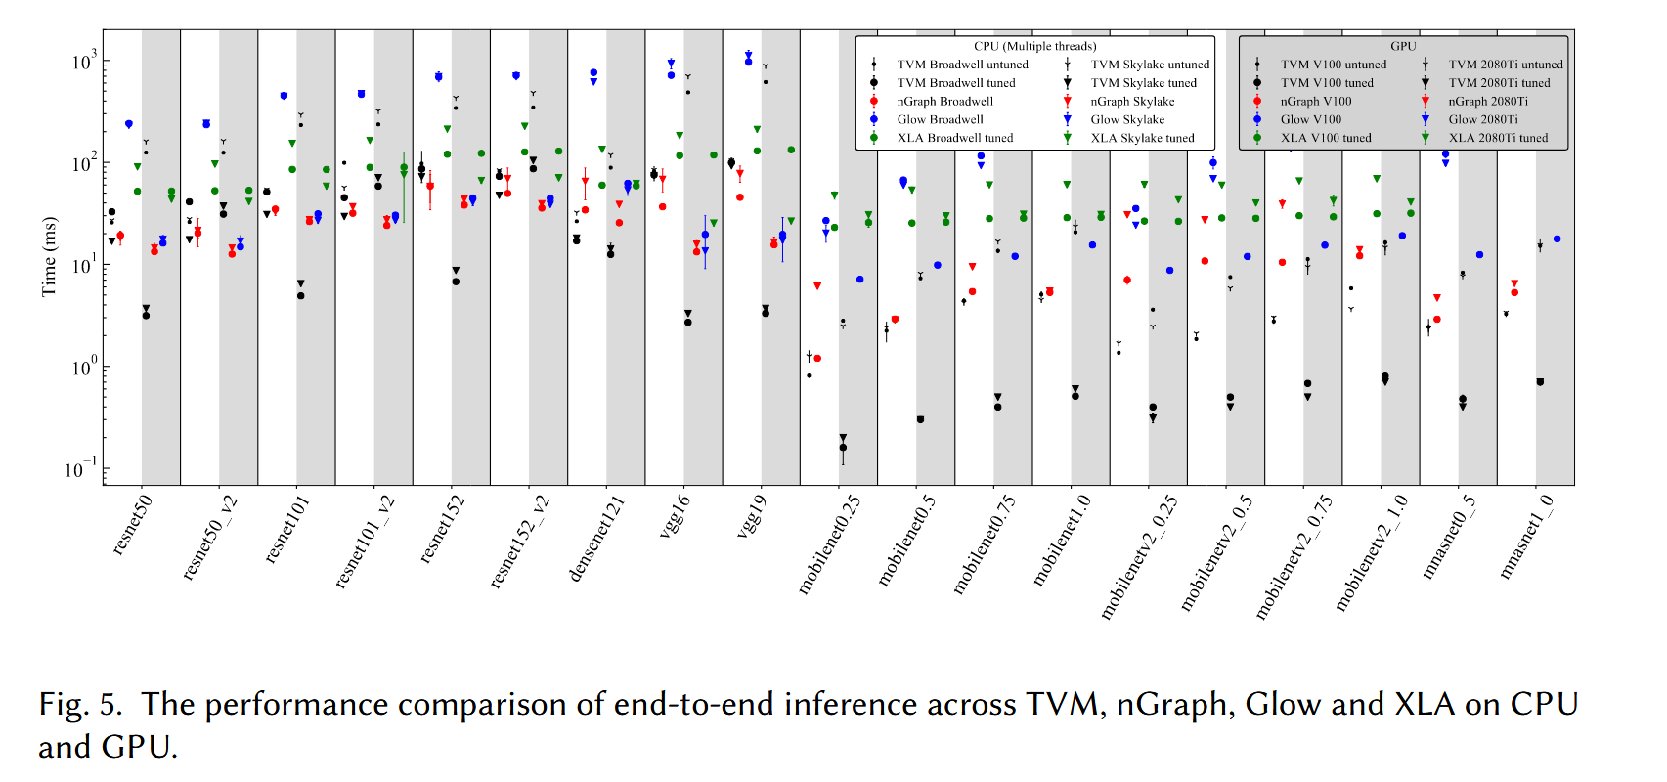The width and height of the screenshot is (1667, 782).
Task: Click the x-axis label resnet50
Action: tap(132, 526)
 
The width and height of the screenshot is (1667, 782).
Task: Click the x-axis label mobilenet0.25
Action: tap(829, 544)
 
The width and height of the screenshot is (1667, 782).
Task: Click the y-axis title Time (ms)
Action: tap(49, 256)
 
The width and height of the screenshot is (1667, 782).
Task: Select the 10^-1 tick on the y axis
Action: tap(80, 469)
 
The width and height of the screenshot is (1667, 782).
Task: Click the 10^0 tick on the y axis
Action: tap(84, 368)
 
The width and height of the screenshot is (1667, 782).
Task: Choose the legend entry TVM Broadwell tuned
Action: tap(955, 83)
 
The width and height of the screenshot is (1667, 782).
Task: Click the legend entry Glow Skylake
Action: tap(1127, 119)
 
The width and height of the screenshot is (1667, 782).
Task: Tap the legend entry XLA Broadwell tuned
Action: tap(954, 138)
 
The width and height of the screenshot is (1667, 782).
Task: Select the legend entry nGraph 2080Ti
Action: tap(1487, 102)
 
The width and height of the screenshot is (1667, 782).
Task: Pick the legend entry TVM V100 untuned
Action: tap(1333, 65)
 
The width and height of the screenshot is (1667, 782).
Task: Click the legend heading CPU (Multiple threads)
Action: tap(1034, 46)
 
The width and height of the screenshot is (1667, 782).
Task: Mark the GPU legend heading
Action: tap(1403, 46)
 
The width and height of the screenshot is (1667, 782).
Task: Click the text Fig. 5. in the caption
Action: tap(80, 704)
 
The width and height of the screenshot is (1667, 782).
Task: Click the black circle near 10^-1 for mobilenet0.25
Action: tap(843, 448)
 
